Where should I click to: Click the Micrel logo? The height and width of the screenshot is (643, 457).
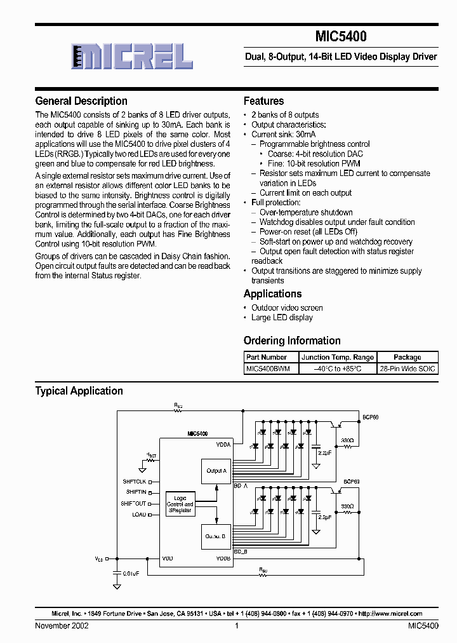pos(132,56)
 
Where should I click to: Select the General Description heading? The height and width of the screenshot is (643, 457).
pos(81,101)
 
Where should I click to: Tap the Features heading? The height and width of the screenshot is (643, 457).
pos(263,101)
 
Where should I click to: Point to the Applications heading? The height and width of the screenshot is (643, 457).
pos(272,294)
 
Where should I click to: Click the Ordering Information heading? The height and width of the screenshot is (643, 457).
pos(292,341)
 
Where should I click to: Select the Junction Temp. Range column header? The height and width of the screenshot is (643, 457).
pos(337,357)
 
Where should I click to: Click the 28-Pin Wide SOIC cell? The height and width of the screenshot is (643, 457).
pos(407,369)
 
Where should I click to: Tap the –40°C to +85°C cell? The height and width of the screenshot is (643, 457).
pos(337,369)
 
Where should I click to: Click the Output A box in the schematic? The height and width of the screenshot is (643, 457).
pos(215,471)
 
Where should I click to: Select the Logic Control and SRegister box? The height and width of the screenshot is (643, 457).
pos(180,504)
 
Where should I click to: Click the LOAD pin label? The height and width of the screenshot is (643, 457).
pos(138,515)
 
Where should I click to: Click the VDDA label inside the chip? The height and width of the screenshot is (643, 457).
pos(223,445)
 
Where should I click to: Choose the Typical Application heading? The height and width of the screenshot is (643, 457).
pos(79,391)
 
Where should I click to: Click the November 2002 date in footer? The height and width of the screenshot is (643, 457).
pos(62,626)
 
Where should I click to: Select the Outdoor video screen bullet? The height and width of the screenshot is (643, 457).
pos(287,308)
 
